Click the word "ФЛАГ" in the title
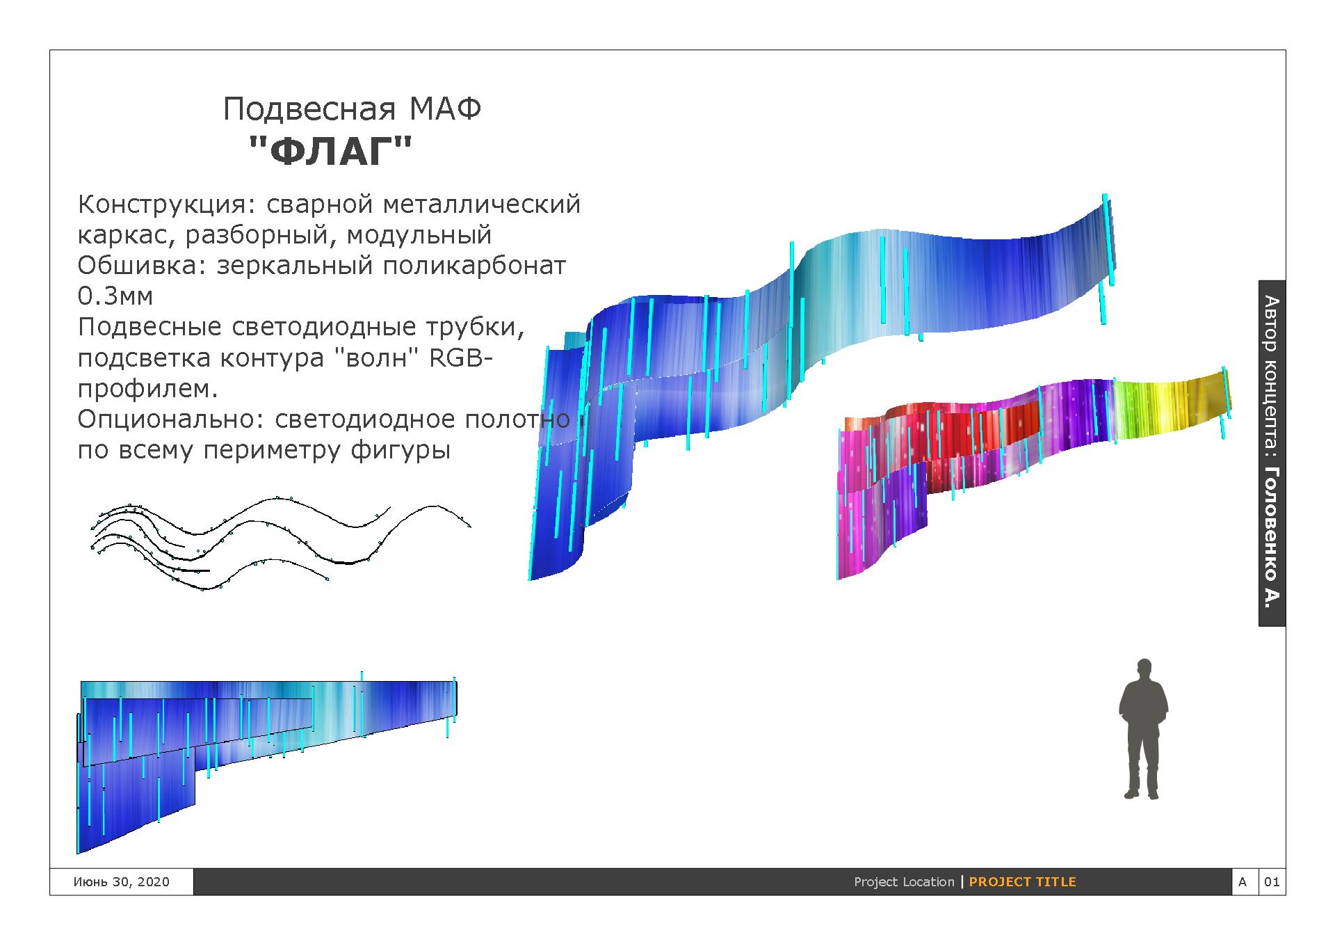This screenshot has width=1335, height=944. tap(330, 150)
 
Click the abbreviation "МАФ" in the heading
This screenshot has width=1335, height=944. tap(445, 109)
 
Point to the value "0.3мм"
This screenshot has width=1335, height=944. tap(115, 296)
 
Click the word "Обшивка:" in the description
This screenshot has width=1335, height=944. tap(142, 266)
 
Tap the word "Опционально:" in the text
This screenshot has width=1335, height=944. tap(171, 419)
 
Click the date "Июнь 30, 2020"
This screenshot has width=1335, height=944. tap(121, 881)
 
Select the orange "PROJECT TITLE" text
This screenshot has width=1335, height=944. tap(1022, 881)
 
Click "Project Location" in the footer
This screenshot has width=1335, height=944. tap(904, 881)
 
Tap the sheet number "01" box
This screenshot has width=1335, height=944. tap(1272, 881)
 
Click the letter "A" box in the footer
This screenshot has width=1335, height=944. tap(1243, 881)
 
